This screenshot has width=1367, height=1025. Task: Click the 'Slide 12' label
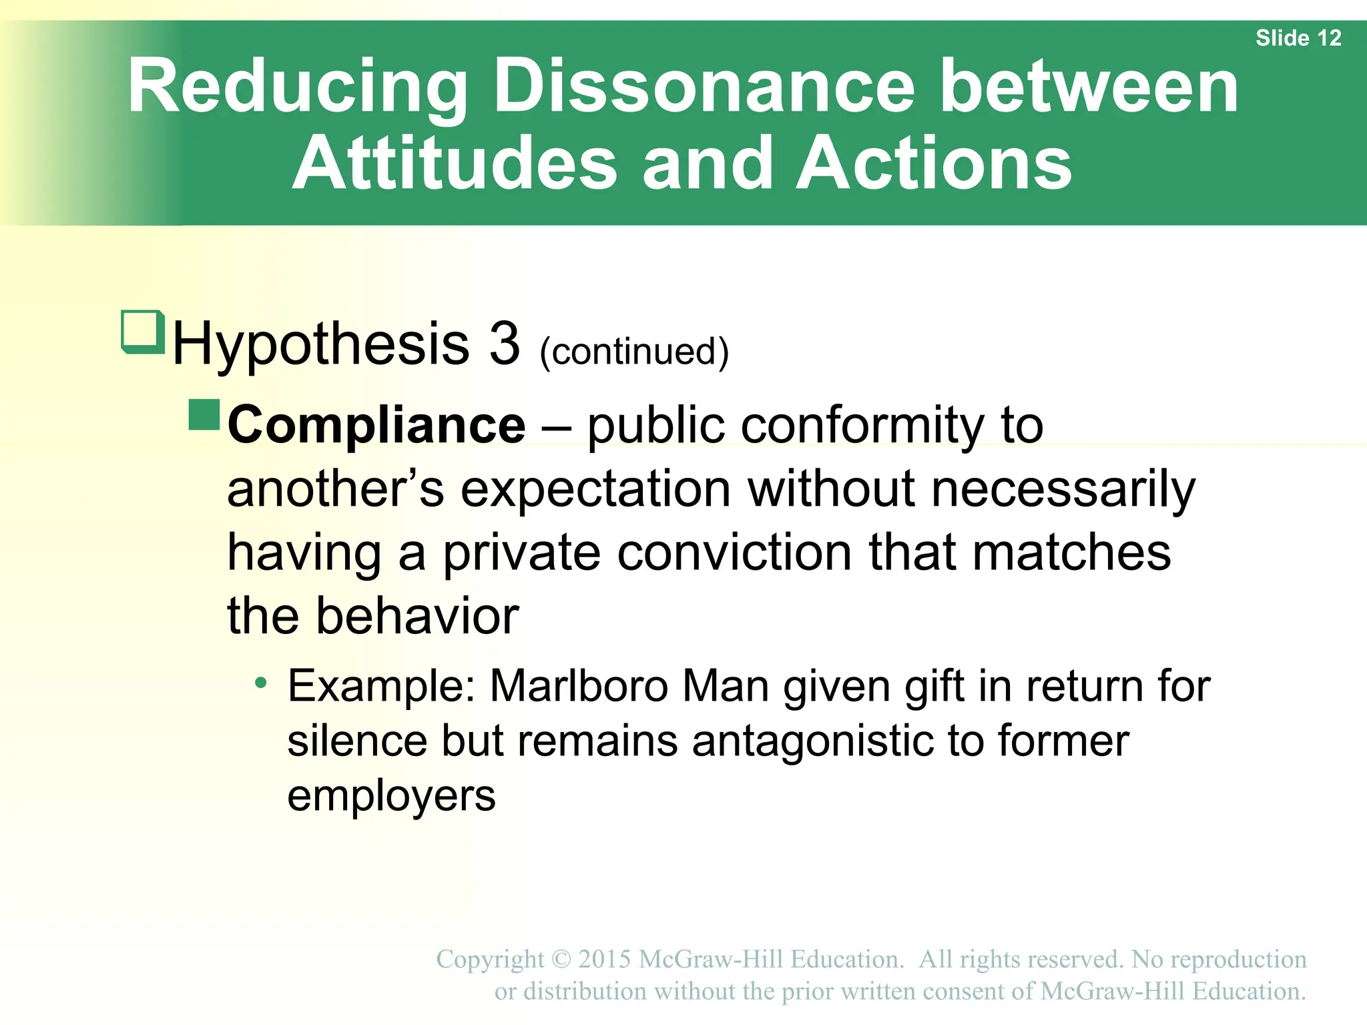click(x=1298, y=38)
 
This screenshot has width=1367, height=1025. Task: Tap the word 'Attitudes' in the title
click(x=455, y=163)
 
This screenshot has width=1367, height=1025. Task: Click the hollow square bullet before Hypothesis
click(x=142, y=331)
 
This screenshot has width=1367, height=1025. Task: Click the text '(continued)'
click(x=633, y=352)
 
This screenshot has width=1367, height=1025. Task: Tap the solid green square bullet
click(x=204, y=415)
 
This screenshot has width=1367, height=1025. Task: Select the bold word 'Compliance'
click(x=376, y=425)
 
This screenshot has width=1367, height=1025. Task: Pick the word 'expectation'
click(x=595, y=489)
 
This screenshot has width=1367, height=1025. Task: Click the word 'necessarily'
click(x=1063, y=489)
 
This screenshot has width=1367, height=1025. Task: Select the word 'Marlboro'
click(x=579, y=686)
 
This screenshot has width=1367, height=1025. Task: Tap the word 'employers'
click(x=391, y=795)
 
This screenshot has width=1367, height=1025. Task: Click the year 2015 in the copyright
click(x=604, y=959)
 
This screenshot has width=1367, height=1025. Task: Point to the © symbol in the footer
click(x=562, y=959)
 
